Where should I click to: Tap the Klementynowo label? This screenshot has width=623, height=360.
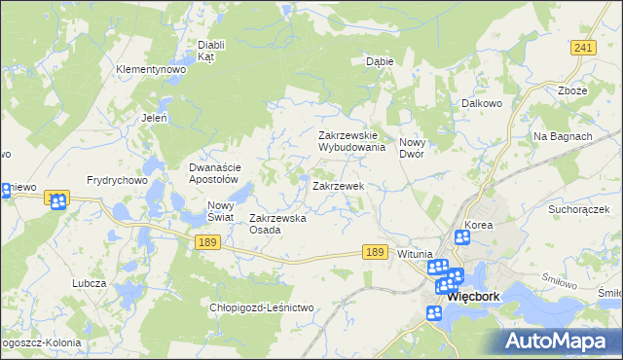pos(150,70)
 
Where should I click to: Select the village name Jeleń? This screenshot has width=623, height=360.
pos(155,118)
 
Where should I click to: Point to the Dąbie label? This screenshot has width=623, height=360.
pos(379,60)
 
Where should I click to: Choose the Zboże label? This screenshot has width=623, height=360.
pos(572,91)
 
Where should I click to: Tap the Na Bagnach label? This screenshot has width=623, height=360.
pos(563,136)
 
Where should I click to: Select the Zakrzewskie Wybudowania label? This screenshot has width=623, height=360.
pos(353,142)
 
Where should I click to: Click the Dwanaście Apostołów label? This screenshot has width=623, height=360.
pos(213,173)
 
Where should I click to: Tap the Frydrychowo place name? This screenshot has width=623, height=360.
pos(116,180)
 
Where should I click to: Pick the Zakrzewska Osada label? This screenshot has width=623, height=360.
pos(278,224)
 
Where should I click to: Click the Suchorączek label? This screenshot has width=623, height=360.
pos(577,209)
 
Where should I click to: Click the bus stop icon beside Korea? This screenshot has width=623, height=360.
pos(462,237)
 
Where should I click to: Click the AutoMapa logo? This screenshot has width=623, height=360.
pos(559,341)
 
